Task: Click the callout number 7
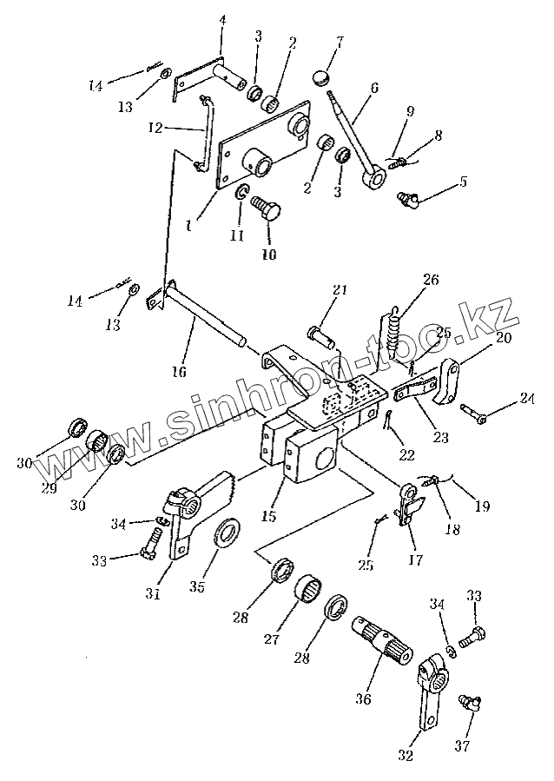click(x=340, y=41)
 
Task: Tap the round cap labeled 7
click(x=321, y=72)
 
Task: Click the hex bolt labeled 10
click(x=264, y=208)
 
